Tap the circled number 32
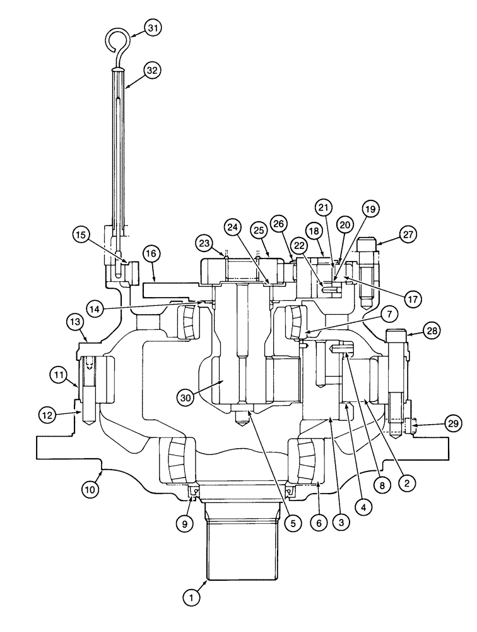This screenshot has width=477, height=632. pyautogui.click(x=151, y=71)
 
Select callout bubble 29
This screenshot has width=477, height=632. pyautogui.click(x=453, y=423)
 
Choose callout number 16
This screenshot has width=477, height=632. pyautogui.click(x=151, y=255)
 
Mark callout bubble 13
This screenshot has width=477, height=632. pyautogui.click(x=74, y=322)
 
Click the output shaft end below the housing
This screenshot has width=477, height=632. pyautogui.click(x=242, y=556)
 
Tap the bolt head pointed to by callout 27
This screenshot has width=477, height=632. pyautogui.click(x=369, y=244)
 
